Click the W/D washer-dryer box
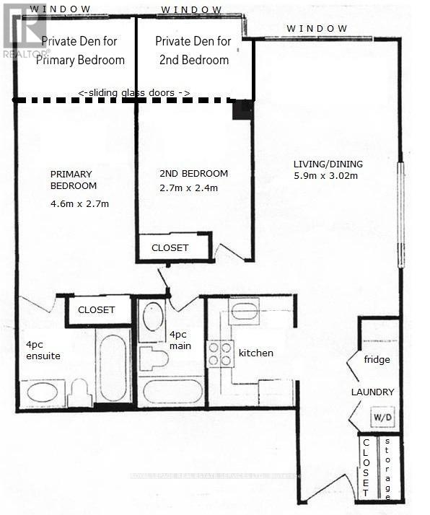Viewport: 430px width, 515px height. point(379,418)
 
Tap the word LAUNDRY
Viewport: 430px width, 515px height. point(372,392)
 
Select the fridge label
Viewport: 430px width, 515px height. point(377,359)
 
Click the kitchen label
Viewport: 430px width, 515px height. point(256,353)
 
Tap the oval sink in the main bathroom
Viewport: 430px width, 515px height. point(152,317)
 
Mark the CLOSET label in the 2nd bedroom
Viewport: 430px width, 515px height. point(170,247)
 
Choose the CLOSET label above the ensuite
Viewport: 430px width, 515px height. point(96,310)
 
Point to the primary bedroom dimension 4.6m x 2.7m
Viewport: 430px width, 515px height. point(79,203)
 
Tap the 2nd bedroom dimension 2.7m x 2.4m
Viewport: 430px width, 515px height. point(189,188)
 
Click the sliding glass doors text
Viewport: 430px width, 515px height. point(133,92)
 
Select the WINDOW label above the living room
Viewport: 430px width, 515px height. point(317,28)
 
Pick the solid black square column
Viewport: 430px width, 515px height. point(242,110)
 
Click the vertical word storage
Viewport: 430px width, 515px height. point(389,469)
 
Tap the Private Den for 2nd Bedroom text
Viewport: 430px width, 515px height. point(193,50)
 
